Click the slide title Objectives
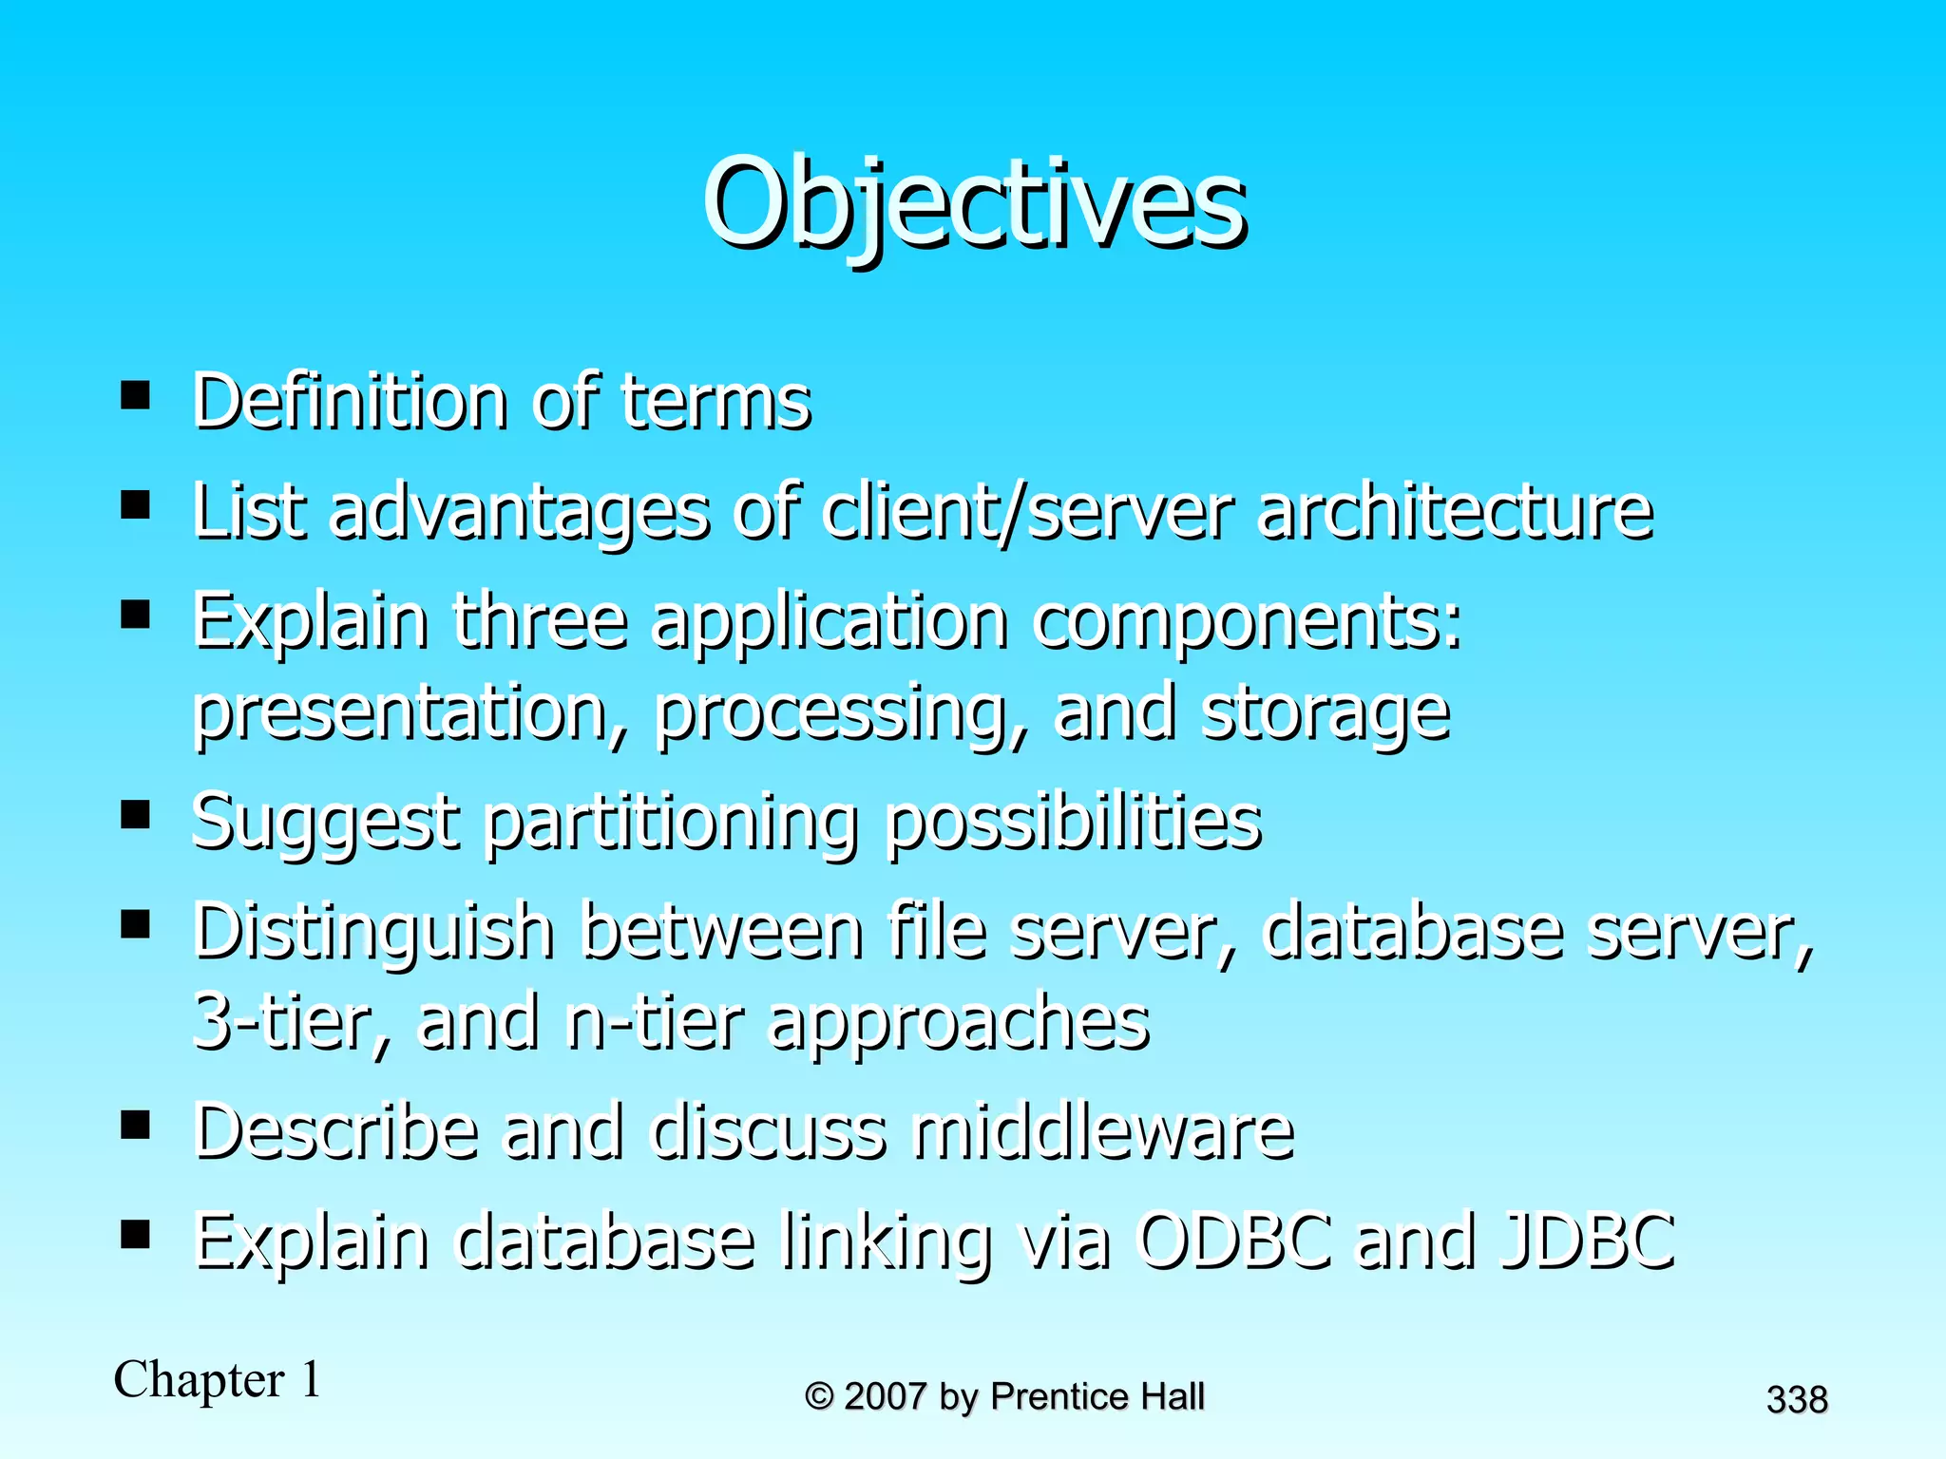[x=974, y=203]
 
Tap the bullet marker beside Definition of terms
[x=136, y=394]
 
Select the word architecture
[x=1455, y=512]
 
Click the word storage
[x=1326, y=714]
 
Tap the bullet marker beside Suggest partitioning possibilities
[x=136, y=814]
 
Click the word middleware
[x=1103, y=1131]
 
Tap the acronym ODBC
[x=1235, y=1241]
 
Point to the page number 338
[x=1797, y=1400]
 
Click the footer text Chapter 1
[x=218, y=1379]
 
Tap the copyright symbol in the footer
[x=819, y=1396]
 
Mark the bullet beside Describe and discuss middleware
[x=136, y=1126]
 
